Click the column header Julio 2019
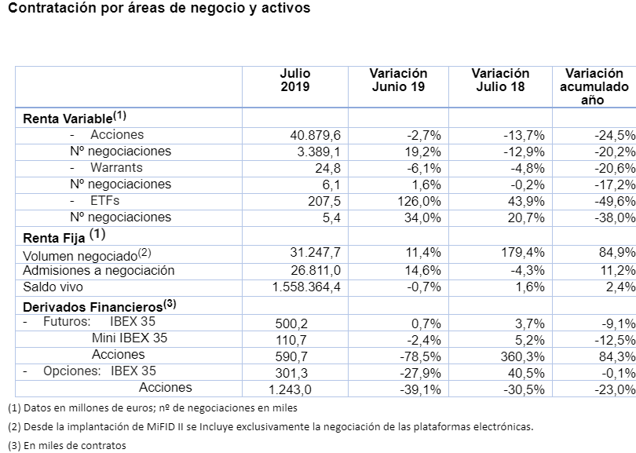(x=294, y=80)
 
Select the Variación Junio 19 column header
(x=398, y=80)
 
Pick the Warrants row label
(x=116, y=168)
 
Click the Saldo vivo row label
(x=53, y=287)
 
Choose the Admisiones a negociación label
(x=99, y=271)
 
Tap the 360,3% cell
(x=524, y=355)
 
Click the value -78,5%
(x=421, y=355)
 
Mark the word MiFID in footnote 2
(x=156, y=427)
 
